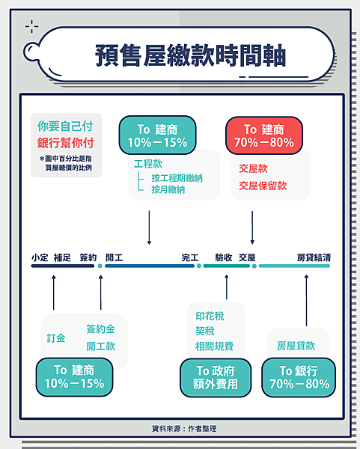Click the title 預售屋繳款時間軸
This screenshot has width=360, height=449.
tap(190, 55)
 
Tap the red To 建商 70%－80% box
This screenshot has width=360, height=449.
tap(264, 135)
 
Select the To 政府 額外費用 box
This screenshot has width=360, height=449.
tap(216, 378)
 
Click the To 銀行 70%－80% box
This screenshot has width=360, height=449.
tap(299, 378)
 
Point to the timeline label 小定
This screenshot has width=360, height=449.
tap(40, 257)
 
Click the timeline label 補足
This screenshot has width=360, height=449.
tap(62, 257)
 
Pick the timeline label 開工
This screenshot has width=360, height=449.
tap(115, 257)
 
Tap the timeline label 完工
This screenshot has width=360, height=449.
tap(190, 257)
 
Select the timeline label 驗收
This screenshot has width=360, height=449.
tap(224, 257)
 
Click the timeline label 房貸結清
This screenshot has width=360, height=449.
tap(314, 257)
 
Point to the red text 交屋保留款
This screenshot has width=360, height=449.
tap(263, 186)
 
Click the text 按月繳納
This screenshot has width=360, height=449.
tap(168, 189)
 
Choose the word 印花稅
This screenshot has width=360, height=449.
tap(210, 316)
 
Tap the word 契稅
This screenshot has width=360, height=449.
tap(205, 331)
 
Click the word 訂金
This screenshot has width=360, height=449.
tap(56, 338)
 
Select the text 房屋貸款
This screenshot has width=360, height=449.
tap(296, 346)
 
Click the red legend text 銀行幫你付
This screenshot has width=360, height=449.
tap(66, 143)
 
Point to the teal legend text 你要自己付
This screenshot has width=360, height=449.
tap(65, 126)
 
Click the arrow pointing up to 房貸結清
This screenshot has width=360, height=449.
tap(306, 300)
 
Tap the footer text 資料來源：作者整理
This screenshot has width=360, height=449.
tap(184, 428)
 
